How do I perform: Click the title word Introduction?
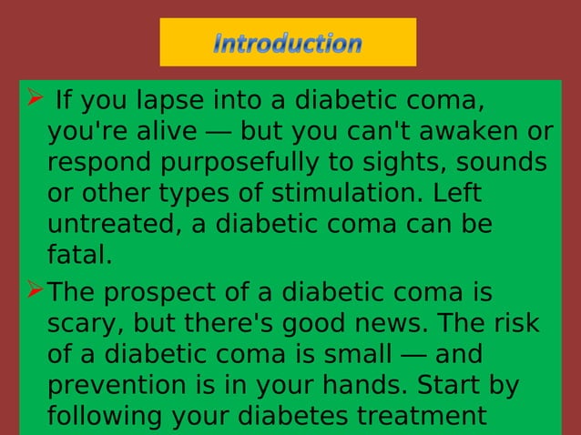click(288, 43)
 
